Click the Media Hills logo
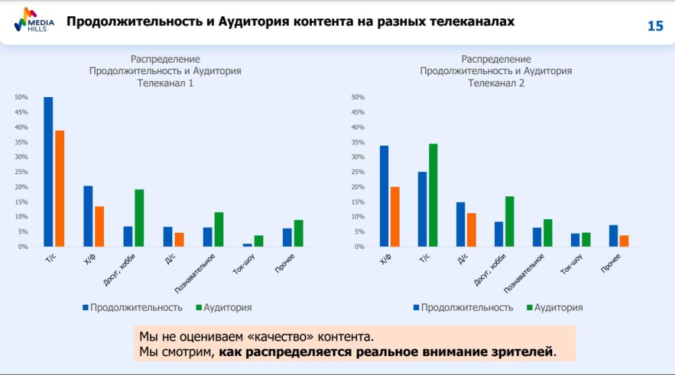pos(31,22)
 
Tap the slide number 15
pos(655,26)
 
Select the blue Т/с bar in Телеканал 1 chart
pos(49,172)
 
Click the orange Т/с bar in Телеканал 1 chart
pos(59,188)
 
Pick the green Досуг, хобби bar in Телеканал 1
pos(139,218)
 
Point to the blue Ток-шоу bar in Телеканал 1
pos(248,245)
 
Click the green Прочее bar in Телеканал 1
pos(298,233)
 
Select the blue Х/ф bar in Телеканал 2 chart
pos(384,196)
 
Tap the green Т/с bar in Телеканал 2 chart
pos(433,195)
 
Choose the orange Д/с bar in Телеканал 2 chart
pos(472,230)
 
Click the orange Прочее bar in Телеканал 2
pos(624,241)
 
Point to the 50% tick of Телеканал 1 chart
pos(22,97)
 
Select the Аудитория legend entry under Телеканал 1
pos(223,308)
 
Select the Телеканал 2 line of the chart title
pos(496,84)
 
